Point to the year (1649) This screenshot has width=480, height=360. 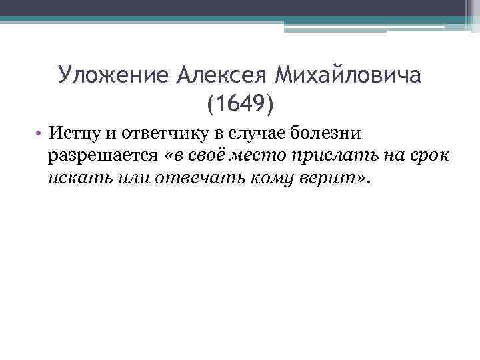(x=240, y=103)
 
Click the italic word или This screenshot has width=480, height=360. (x=124, y=179)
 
